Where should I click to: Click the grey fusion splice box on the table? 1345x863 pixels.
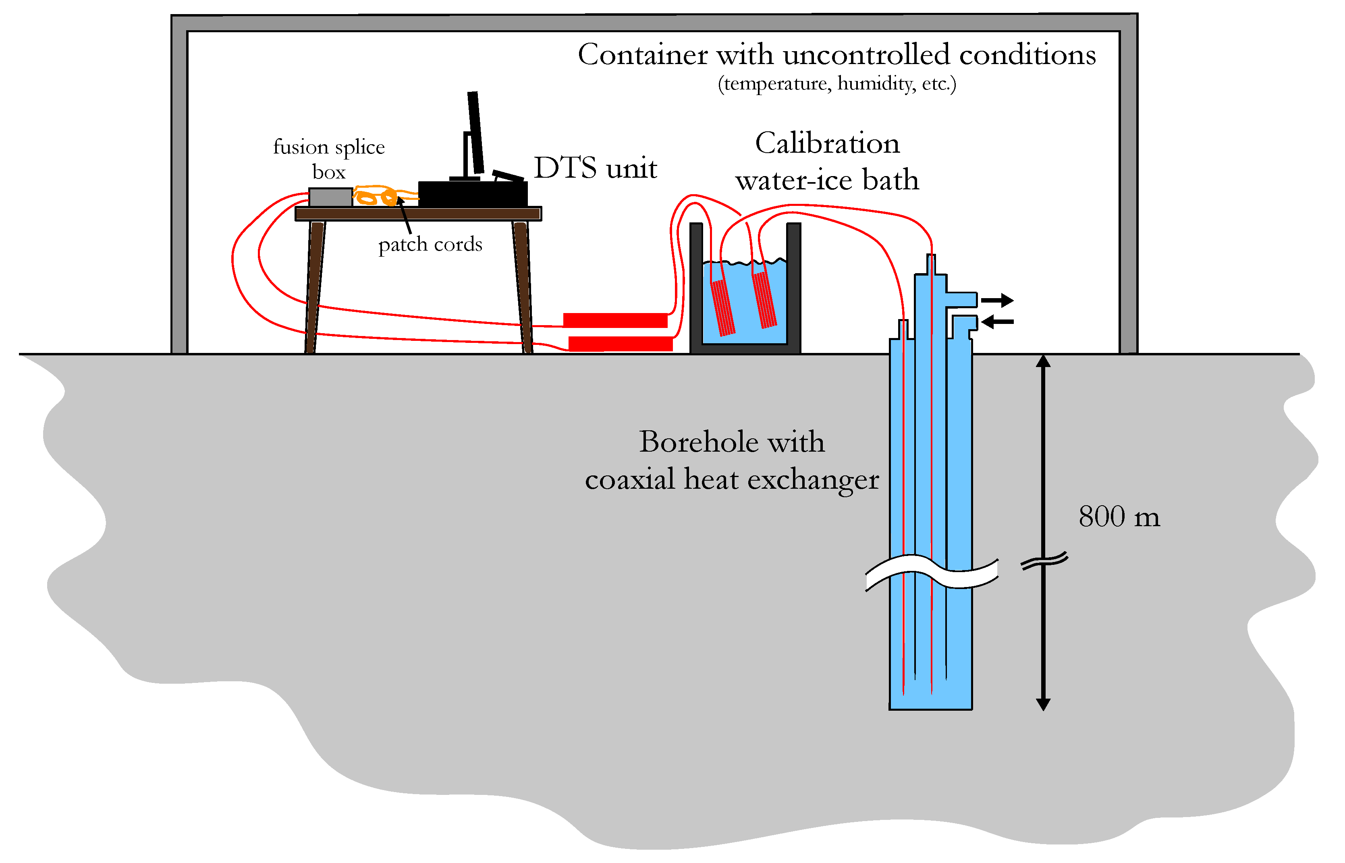(x=331, y=197)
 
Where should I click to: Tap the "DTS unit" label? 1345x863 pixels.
(x=595, y=168)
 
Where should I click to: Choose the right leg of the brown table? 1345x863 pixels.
(x=522, y=287)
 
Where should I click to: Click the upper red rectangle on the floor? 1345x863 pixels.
(x=615, y=320)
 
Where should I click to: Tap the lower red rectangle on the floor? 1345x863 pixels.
(x=621, y=344)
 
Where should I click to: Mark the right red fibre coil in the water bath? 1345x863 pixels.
(x=764, y=299)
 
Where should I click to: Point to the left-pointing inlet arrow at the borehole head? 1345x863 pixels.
(x=998, y=322)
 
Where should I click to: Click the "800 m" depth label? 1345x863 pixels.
(x=1119, y=516)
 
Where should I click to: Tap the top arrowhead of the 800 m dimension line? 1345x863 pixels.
(x=1043, y=361)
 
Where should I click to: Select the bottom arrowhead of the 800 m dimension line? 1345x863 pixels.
(x=1043, y=704)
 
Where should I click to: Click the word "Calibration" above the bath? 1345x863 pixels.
(x=827, y=143)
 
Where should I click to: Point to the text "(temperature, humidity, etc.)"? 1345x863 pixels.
(x=837, y=83)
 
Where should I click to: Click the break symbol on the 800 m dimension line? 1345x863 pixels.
(x=1044, y=561)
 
